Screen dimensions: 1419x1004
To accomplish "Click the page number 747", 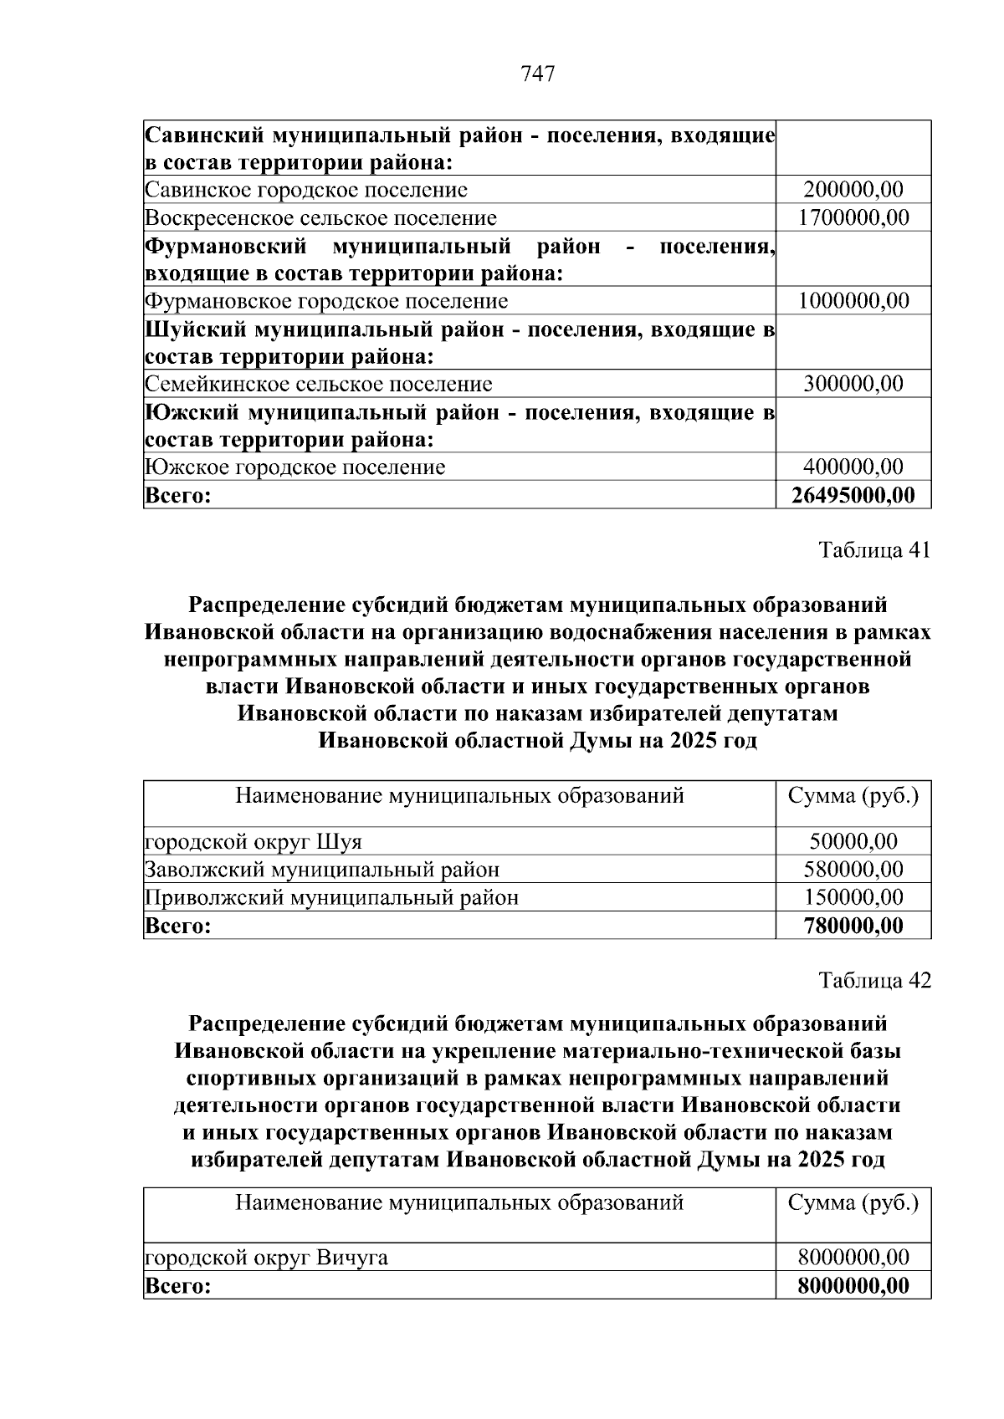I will (x=538, y=74).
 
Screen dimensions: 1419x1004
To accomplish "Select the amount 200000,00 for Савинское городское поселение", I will (x=853, y=190).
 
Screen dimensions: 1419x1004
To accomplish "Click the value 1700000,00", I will (x=853, y=218).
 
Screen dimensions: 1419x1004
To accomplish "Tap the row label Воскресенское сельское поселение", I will (x=320, y=218).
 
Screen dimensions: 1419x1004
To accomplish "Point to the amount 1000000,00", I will (x=853, y=301).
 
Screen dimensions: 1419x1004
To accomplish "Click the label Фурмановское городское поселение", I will (x=326, y=301).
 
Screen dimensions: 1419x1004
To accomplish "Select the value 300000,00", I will (x=853, y=384).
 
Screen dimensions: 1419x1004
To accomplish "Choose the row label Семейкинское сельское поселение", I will (x=319, y=384).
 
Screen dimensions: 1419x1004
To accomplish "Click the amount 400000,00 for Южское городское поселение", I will (x=853, y=467).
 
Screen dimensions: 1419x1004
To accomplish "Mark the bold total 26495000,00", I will (x=853, y=495).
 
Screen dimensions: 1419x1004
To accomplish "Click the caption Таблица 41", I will (x=874, y=550).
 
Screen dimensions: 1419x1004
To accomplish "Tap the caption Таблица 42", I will (x=874, y=980).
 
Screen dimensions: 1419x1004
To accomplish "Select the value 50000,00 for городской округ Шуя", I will (x=853, y=841).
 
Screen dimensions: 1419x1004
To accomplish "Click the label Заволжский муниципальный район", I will (x=322, y=870).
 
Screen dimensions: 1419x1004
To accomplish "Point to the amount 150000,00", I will (x=853, y=898).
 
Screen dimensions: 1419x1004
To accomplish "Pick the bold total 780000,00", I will (x=853, y=926).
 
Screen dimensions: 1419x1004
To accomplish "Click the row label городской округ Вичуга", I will (x=266, y=1258).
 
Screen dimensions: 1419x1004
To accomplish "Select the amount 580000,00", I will (x=853, y=870).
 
